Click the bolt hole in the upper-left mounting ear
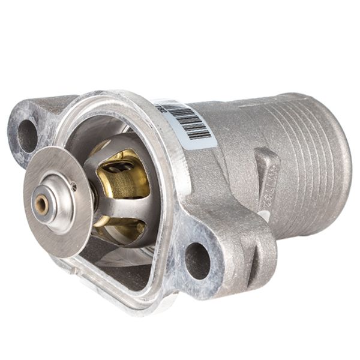click(x=28, y=136)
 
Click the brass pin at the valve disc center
click(x=41, y=205)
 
